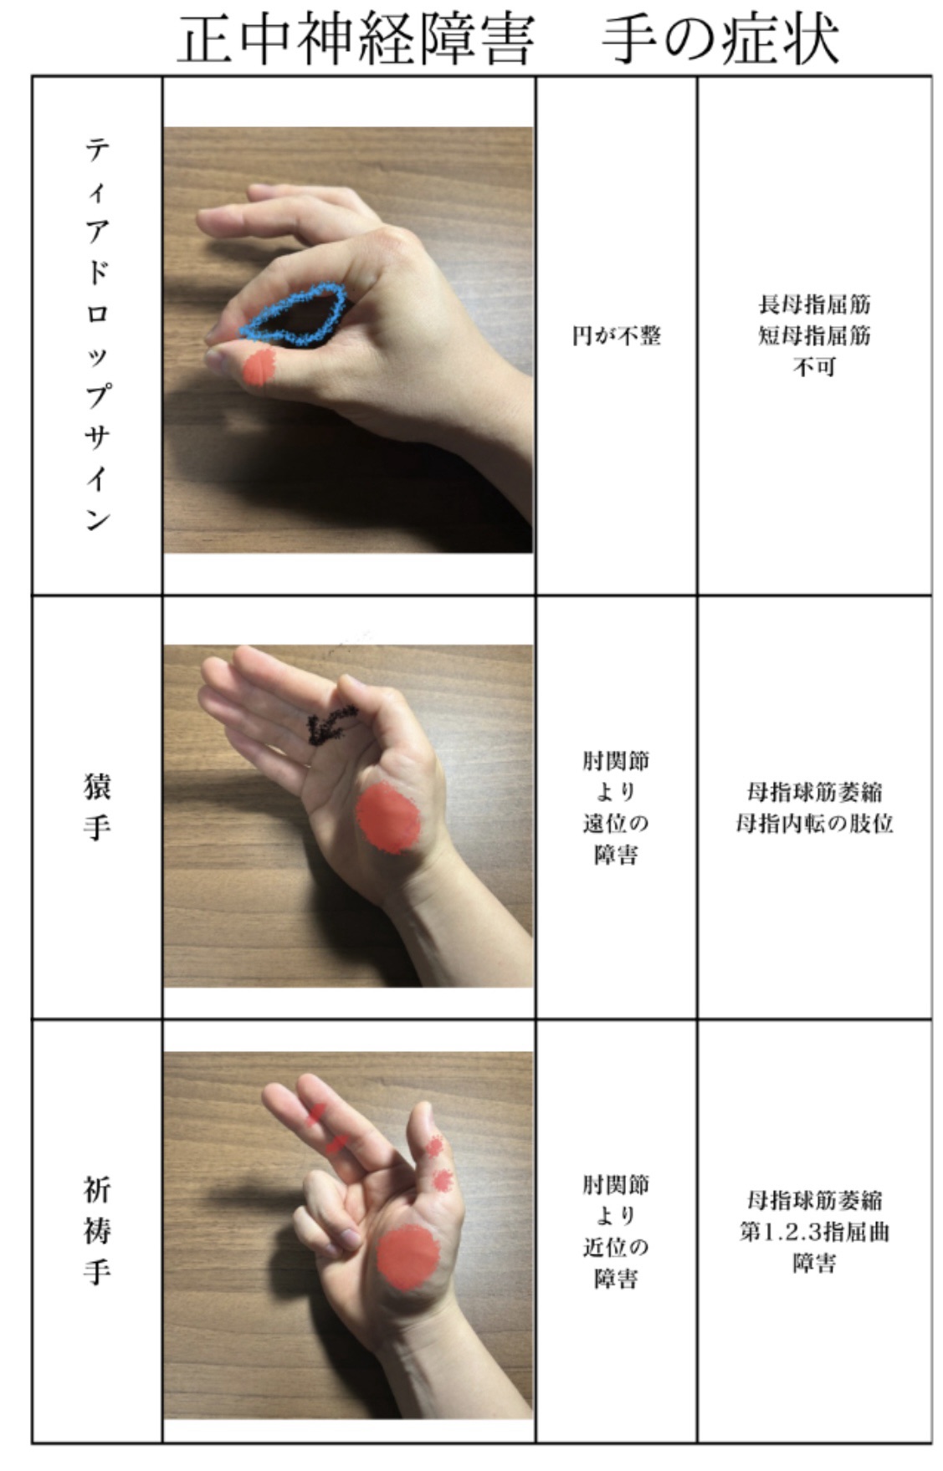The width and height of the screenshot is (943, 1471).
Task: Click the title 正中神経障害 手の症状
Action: click(507, 40)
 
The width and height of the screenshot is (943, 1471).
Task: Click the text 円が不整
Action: click(617, 336)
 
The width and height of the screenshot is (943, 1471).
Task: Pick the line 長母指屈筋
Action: click(814, 304)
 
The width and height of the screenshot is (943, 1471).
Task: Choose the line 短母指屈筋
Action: click(814, 335)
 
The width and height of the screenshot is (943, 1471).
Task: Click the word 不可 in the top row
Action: click(814, 367)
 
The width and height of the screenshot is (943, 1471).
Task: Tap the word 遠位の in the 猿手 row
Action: click(616, 824)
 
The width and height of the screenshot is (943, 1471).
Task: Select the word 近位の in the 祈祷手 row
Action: click(616, 1248)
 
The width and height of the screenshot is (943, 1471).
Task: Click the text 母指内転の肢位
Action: click(814, 824)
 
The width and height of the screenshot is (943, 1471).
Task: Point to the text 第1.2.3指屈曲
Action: click(814, 1233)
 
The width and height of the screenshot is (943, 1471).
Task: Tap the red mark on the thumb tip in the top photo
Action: click(260, 368)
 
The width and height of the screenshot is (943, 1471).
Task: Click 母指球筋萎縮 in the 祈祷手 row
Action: click(814, 1201)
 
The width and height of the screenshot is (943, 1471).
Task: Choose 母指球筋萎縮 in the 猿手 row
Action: click(814, 792)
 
